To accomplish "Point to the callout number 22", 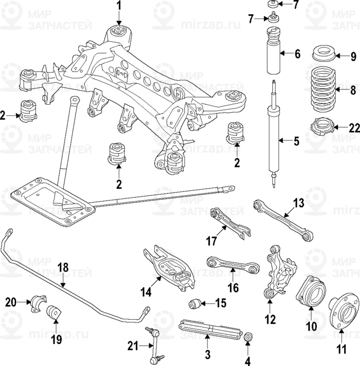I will tap(353, 128).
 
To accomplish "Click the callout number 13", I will tap(298, 203).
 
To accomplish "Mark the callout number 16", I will tap(233, 288).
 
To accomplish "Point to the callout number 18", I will tap(63, 267).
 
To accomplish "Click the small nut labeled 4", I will tap(249, 337).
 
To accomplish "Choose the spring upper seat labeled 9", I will tap(323, 55).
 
